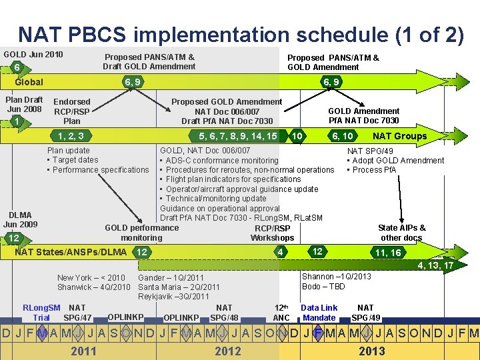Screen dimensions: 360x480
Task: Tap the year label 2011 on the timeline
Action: tap(83, 351)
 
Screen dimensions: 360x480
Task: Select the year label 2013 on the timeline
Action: tap(371, 351)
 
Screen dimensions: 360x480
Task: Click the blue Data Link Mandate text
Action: tap(319, 313)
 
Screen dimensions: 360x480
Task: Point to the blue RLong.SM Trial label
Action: tap(41, 313)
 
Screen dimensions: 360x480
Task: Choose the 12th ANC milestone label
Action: tap(281, 313)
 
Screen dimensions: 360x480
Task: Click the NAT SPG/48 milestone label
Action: tap(224, 313)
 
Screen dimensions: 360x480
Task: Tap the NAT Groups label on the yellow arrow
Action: tap(399, 136)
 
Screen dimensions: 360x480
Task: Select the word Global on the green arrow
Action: tap(29, 82)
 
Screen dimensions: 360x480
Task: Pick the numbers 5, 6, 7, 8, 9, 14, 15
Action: tap(238, 136)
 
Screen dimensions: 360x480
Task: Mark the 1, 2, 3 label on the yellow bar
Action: tap(71, 136)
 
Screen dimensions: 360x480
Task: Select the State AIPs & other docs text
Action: tap(401, 233)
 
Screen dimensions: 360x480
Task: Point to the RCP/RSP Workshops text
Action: tap(272, 233)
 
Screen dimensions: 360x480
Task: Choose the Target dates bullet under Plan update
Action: tap(75, 160)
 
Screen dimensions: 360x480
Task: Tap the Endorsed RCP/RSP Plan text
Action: tap(71, 111)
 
